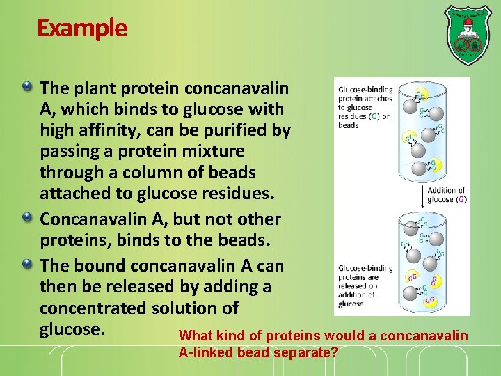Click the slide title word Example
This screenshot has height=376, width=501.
click(82, 28)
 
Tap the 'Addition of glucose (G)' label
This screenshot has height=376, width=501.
click(445, 195)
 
